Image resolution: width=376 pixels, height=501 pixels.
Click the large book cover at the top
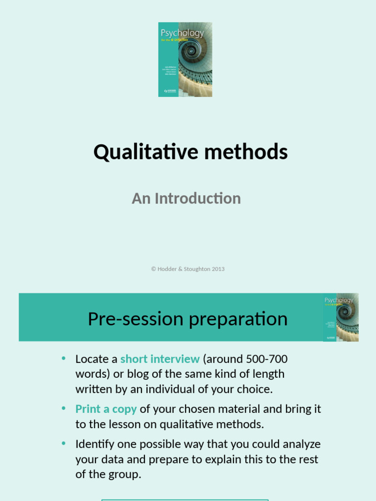pyautogui.click(x=185, y=59)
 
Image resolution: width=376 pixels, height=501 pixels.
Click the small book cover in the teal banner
pyautogui.click(x=341, y=317)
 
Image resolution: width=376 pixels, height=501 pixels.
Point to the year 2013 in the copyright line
pyautogui.click(x=218, y=269)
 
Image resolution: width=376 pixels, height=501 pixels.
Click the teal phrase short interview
pyautogui.click(x=160, y=359)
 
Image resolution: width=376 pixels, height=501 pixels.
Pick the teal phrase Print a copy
pyautogui.click(x=106, y=409)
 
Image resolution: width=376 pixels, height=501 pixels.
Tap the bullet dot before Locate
pyautogui.click(x=64, y=358)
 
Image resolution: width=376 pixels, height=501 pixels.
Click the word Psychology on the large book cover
pyautogui.click(x=182, y=34)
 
